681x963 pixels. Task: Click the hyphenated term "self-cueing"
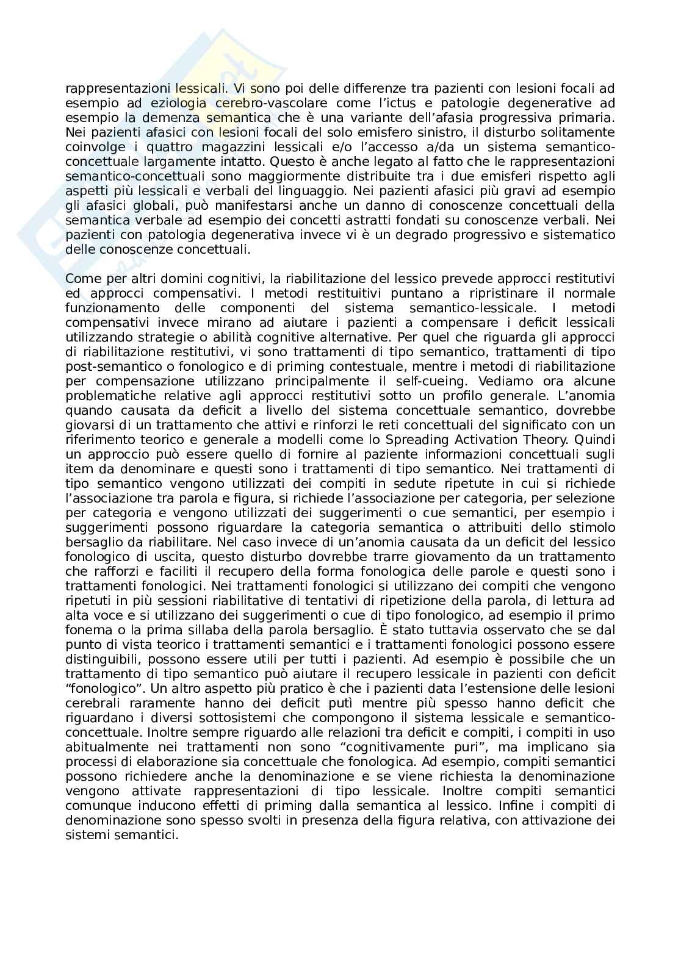[441, 381]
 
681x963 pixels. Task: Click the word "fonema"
[85, 630]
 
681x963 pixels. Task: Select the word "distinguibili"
[101, 659]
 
